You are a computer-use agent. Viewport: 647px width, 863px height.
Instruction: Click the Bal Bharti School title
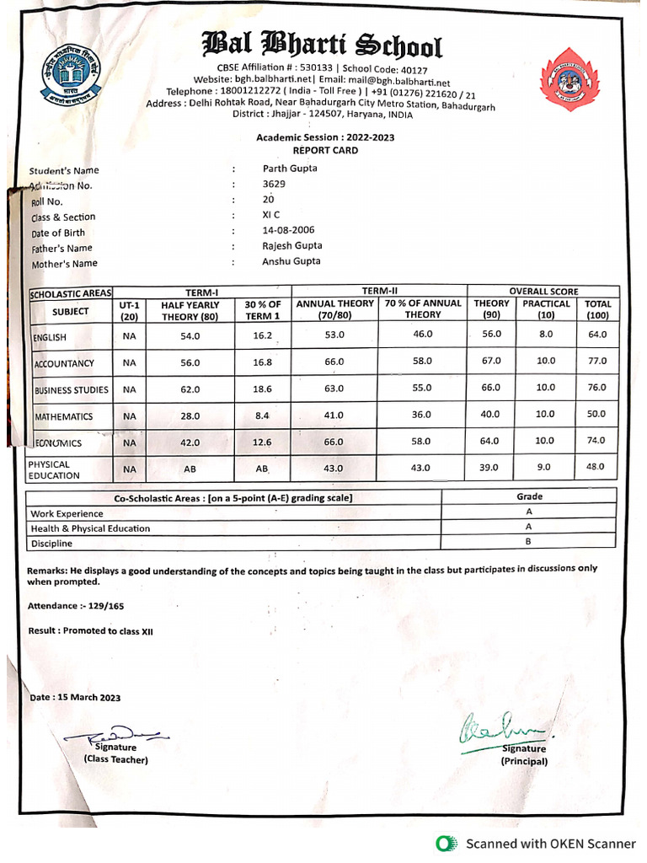click(321, 45)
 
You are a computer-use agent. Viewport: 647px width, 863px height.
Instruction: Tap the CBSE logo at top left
click(68, 70)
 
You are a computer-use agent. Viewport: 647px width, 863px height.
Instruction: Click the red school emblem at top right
click(569, 79)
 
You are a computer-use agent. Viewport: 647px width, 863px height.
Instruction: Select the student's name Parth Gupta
click(290, 169)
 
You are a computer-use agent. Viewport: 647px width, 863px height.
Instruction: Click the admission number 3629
click(274, 184)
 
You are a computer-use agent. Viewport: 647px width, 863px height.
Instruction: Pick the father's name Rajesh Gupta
click(291, 246)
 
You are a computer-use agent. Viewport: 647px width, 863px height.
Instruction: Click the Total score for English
click(597, 335)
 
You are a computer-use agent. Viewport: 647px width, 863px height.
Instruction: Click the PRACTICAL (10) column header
click(546, 308)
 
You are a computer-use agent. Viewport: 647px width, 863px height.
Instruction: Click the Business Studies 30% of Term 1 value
click(262, 389)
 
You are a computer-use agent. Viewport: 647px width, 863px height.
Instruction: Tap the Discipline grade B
click(528, 542)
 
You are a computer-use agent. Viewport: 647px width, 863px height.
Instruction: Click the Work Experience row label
click(67, 513)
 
